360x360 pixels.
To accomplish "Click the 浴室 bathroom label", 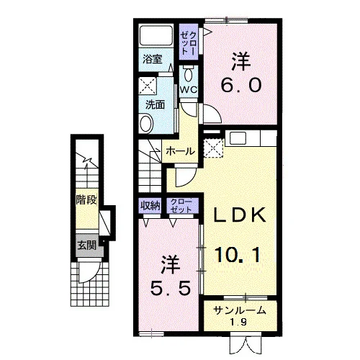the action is click(153, 59).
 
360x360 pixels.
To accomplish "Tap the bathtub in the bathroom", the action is click(156, 35).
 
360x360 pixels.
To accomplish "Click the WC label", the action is click(189, 90).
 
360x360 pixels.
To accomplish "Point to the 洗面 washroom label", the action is click(156, 104).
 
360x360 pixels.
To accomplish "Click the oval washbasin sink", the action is click(146, 123).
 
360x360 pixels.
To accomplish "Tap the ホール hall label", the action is click(180, 151).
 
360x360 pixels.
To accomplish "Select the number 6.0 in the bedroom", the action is click(241, 86).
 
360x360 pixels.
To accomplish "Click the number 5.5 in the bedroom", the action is click(171, 288).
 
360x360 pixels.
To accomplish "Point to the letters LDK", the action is click(240, 215).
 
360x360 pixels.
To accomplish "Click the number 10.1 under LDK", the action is click(238, 255).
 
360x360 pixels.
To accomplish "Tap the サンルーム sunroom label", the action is click(240, 310).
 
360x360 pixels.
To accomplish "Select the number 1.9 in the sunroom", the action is click(240, 322).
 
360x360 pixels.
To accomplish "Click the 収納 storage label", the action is click(150, 205).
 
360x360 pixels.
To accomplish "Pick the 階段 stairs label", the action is click(86, 199).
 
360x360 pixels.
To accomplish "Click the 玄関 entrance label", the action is click(86, 246).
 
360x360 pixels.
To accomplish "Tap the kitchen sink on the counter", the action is click(238, 138).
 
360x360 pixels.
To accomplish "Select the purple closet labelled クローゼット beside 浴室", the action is click(189, 42).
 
